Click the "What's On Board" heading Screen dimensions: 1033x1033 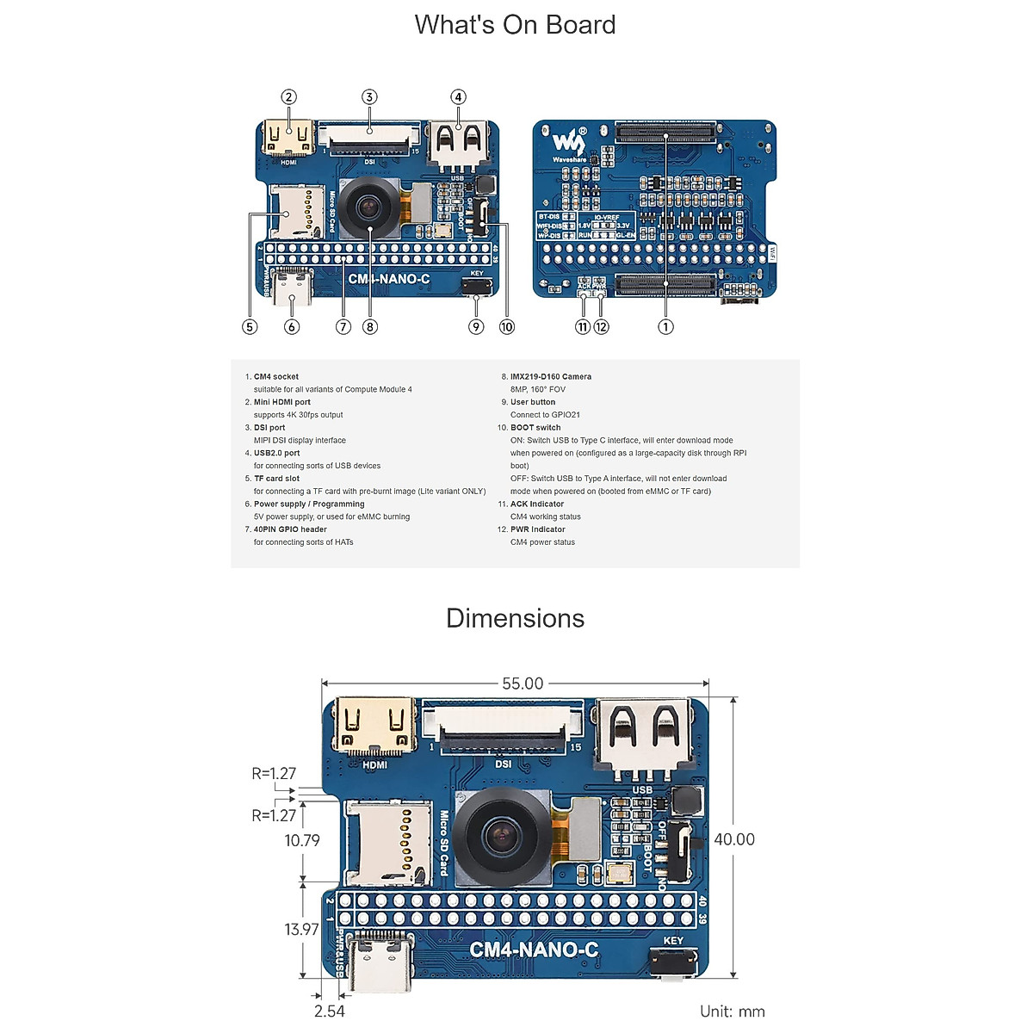515,25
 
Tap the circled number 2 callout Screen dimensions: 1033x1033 289,97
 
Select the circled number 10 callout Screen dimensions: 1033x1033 506,326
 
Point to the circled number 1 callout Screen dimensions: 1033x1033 665,326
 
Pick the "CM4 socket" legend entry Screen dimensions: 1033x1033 275,376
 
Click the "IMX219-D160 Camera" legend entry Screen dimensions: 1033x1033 550,376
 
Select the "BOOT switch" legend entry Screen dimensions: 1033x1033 535,427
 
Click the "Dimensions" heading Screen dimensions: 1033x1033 515,618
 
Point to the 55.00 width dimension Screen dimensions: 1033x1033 523,684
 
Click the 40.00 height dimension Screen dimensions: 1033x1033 734,839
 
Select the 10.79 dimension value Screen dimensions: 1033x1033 302,840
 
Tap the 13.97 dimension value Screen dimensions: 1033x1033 301,929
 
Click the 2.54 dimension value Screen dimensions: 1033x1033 329,1011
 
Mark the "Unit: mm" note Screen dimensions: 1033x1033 732,1011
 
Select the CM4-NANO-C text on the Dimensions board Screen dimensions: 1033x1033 534,949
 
